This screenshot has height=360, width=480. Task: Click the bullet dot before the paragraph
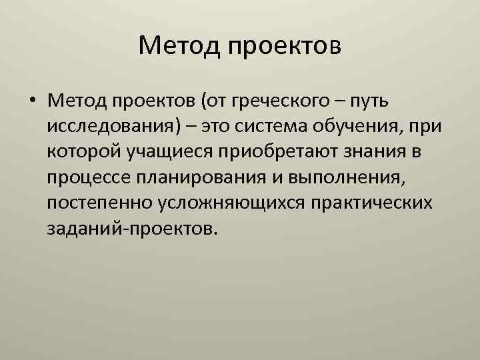[33, 101]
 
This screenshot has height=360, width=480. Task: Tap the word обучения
[359, 127]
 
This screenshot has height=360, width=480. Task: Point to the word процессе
[89, 178]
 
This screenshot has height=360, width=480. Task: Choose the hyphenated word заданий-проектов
[131, 229]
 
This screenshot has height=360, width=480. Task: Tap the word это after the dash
[203, 127]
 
